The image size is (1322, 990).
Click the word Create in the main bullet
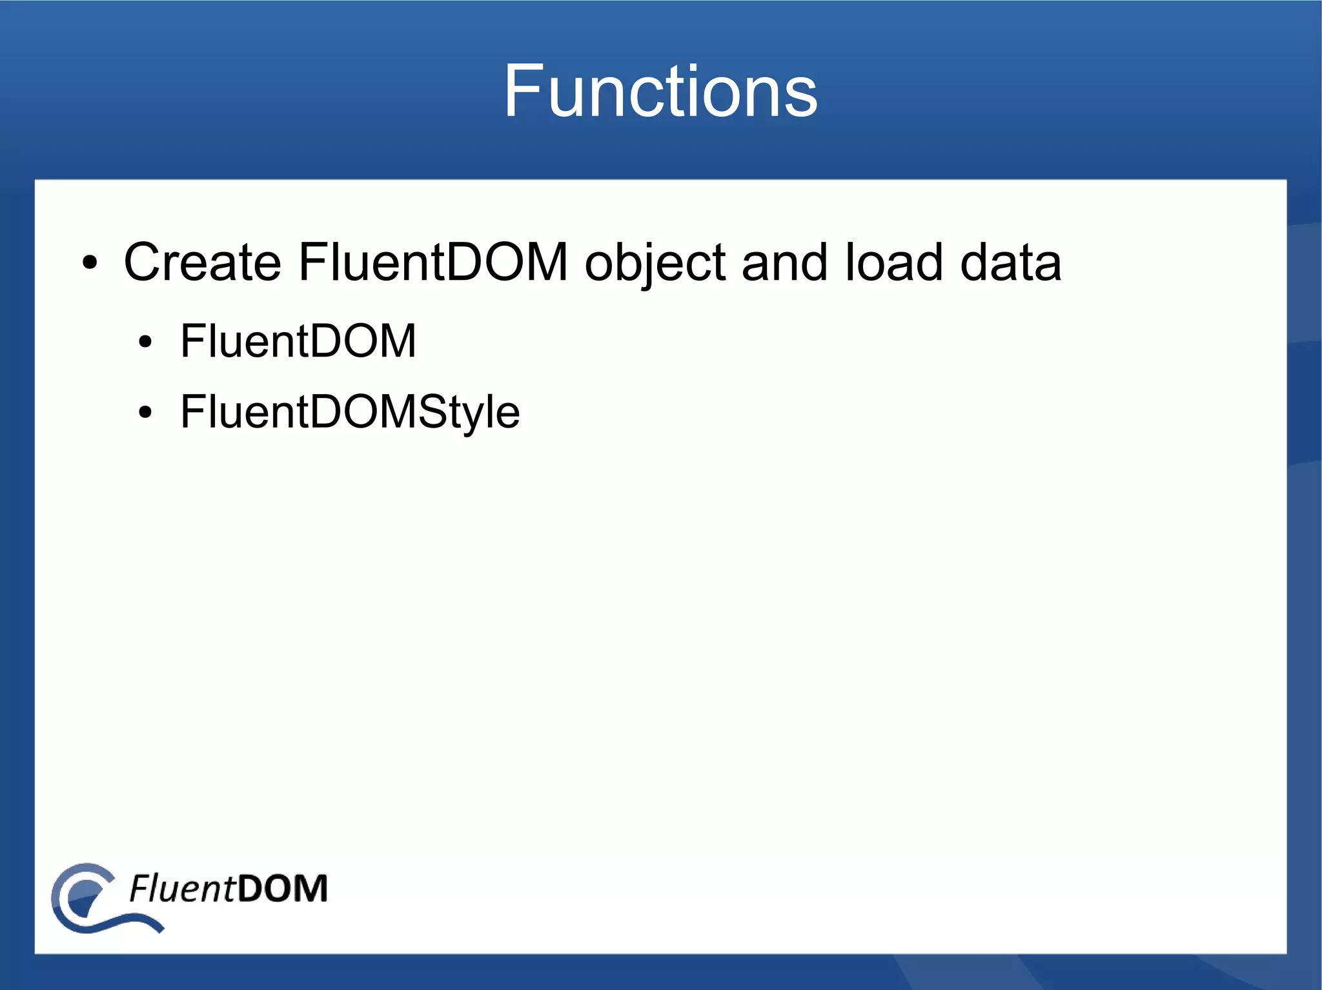point(202,262)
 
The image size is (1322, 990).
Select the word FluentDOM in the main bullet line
point(432,262)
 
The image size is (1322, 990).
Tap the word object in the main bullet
point(655,262)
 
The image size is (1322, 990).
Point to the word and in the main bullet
point(784,262)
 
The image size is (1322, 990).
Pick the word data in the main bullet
point(1010,262)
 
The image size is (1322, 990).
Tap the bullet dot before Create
point(90,264)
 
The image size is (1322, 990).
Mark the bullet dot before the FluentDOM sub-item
point(146,342)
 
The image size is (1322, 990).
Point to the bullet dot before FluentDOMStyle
point(146,413)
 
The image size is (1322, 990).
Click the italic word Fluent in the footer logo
point(182,889)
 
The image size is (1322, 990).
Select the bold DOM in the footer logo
point(282,889)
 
